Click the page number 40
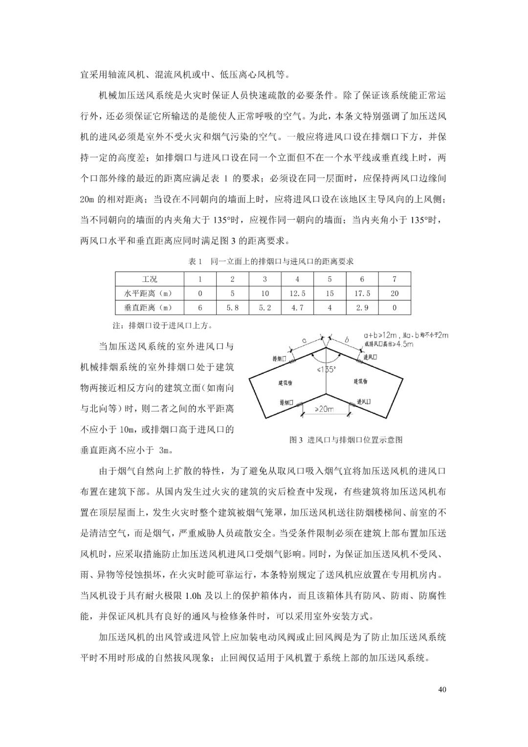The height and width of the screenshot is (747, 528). pos(442,690)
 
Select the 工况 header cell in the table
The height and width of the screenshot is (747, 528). pos(150,279)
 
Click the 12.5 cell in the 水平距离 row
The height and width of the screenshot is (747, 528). pos(297,294)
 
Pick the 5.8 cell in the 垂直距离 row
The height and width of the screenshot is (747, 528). pos(232,308)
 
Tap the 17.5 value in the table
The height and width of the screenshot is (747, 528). pos(362,294)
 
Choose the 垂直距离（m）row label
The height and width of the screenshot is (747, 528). pos(150,308)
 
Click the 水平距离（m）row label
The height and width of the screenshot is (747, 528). pos(150,294)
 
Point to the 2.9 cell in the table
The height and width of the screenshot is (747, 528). pos(362,308)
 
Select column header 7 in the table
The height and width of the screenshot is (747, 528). pos(395,279)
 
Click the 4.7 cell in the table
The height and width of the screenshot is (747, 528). pos(297,308)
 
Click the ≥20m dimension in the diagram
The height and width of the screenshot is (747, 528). pos(324,409)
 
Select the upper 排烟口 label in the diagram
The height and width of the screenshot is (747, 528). pos(280,359)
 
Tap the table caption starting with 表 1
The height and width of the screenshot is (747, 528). pos(271,262)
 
